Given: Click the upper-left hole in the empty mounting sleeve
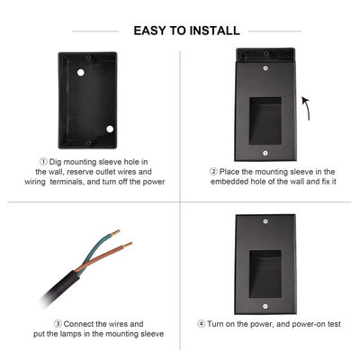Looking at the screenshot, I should [79, 70].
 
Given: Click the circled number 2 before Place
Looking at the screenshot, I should [213, 171].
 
